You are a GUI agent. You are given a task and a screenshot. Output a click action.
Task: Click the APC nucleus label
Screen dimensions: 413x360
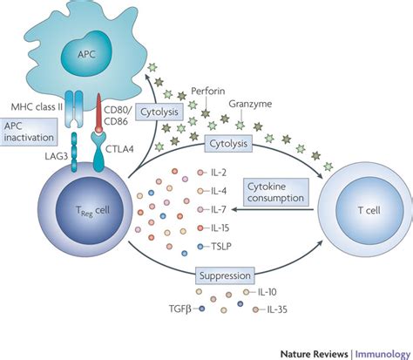point(86,54)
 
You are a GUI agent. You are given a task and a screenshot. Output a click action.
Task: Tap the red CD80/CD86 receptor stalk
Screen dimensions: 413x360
point(98,112)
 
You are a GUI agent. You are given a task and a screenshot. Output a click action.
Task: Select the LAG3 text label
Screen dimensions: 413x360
point(57,156)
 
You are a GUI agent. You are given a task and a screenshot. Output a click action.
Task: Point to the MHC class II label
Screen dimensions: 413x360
point(37,106)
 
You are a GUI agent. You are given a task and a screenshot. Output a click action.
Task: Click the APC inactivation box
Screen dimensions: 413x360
point(29,132)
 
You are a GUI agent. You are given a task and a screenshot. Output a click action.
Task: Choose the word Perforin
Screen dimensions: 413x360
point(208,91)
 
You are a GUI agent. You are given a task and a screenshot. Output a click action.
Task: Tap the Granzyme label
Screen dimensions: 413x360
point(250,104)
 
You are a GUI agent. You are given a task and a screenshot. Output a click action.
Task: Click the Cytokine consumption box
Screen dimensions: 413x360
point(275,192)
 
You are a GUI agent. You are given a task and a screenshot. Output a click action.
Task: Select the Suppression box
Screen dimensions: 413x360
point(225,275)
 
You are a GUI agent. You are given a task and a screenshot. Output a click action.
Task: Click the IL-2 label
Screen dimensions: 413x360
point(219,173)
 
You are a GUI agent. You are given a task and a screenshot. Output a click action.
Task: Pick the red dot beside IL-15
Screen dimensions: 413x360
point(200,228)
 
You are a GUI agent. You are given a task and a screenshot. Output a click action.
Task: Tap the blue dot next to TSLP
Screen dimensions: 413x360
point(200,247)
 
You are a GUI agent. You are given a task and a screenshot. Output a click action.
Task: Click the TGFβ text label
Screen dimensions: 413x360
point(180,309)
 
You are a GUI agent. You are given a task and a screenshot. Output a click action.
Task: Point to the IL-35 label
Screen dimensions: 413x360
point(277,309)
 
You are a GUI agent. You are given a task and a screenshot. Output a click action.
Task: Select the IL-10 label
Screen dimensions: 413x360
point(267,292)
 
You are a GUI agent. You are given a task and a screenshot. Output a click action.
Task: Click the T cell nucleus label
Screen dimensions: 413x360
point(369,210)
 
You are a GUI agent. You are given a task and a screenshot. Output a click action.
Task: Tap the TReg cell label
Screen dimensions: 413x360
point(92,211)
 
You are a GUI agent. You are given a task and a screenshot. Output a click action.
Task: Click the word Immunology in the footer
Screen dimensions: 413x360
point(383,354)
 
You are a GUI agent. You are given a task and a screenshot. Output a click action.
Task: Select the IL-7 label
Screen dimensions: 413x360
point(219,209)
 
